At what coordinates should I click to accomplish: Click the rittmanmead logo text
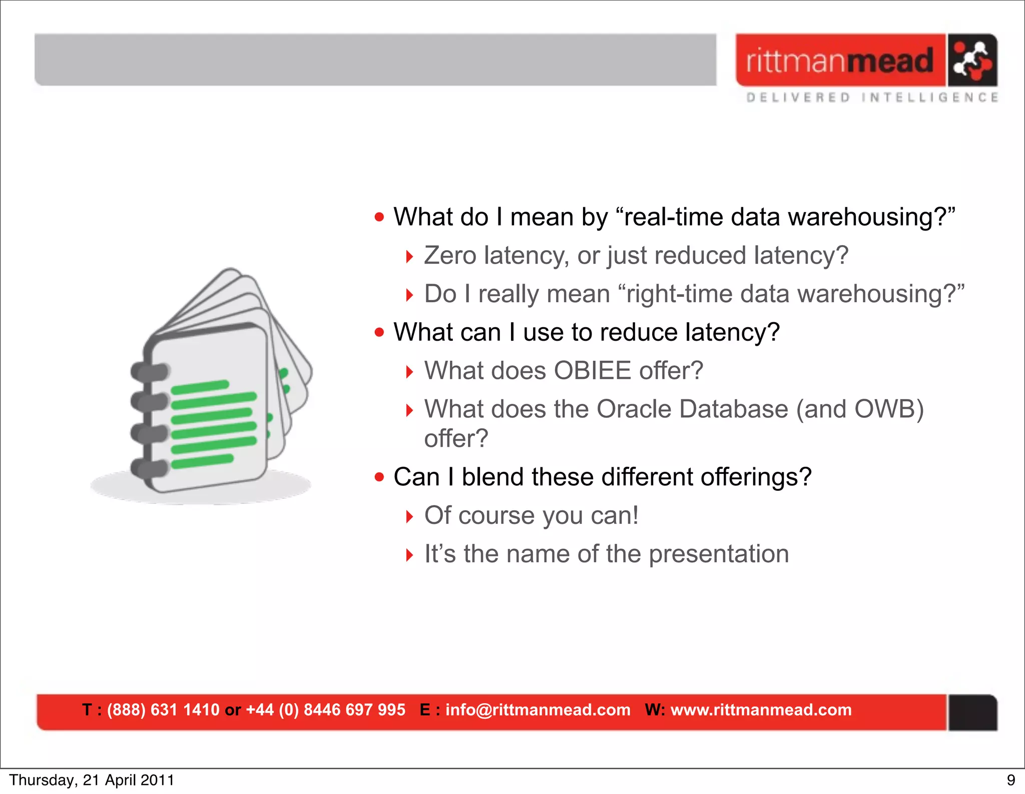(x=840, y=61)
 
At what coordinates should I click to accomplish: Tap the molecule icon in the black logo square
(x=972, y=61)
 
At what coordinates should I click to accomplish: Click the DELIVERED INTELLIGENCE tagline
(x=872, y=97)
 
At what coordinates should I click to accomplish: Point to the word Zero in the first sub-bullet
(x=450, y=256)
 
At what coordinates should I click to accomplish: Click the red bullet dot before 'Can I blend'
(x=379, y=477)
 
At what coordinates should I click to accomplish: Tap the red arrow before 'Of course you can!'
(x=409, y=516)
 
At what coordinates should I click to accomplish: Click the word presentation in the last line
(x=719, y=554)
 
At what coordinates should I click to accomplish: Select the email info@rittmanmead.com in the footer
(x=538, y=710)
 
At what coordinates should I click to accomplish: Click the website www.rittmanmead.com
(x=761, y=710)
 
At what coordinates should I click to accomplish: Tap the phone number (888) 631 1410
(x=163, y=710)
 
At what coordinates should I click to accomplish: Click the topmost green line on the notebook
(x=200, y=387)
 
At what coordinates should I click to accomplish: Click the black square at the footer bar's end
(x=972, y=712)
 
